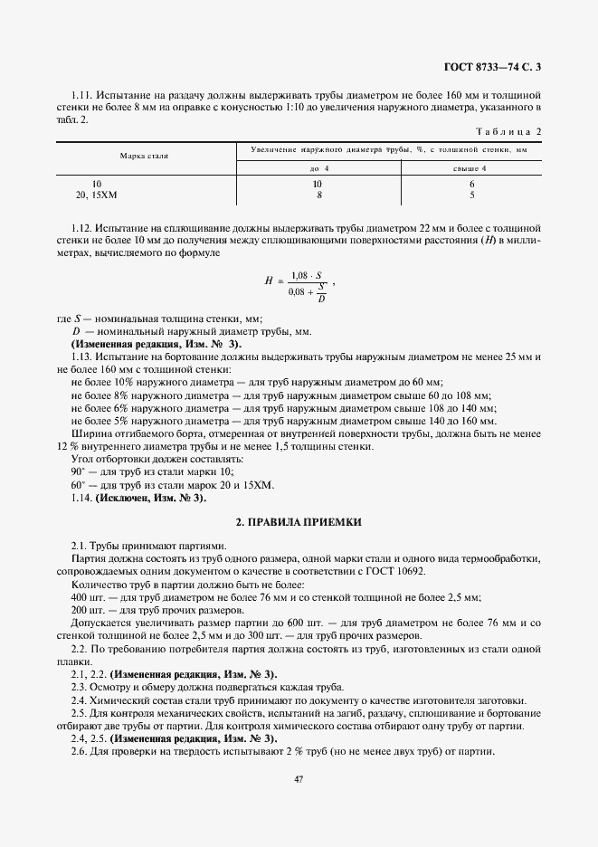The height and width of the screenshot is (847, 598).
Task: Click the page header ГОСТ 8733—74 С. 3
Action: [x=497, y=66]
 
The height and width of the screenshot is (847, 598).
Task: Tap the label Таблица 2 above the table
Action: [x=511, y=131]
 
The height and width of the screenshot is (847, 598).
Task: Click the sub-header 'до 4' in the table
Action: [x=319, y=168]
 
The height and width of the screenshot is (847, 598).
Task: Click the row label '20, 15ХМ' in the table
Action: [x=96, y=195]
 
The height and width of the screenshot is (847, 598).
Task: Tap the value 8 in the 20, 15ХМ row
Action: [x=319, y=195]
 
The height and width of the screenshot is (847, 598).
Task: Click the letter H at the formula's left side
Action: [x=269, y=281]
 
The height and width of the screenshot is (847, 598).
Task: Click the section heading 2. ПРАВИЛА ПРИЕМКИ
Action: [x=299, y=522]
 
